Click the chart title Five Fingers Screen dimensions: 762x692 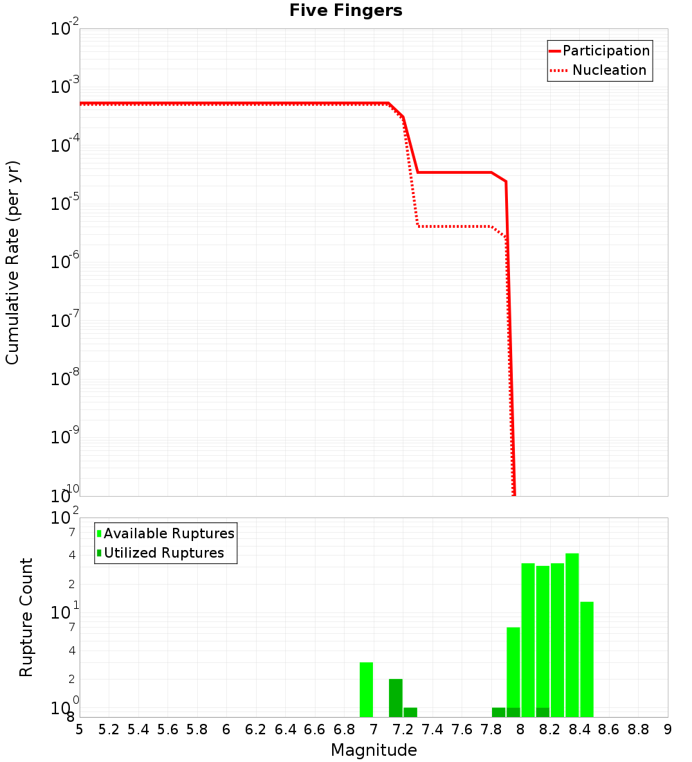[345, 10]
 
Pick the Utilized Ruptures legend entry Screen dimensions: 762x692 [163, 553]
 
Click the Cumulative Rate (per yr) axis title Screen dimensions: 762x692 [12, 263]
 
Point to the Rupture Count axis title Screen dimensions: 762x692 [26, 617]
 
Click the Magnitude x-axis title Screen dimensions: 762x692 [374, 750]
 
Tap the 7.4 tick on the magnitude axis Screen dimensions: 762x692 [432, 729]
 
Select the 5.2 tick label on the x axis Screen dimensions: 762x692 [109, 729]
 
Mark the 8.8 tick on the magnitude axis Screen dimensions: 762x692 [638, 729]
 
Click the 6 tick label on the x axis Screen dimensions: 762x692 [226, 729]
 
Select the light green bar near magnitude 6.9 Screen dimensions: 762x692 [366, 689]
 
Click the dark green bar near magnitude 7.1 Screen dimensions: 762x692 [396, 698]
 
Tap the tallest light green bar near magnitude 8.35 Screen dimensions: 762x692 [572, 635]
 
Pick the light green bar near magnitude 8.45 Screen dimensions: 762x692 [587, 659]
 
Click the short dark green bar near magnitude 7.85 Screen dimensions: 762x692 [498, 712]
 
